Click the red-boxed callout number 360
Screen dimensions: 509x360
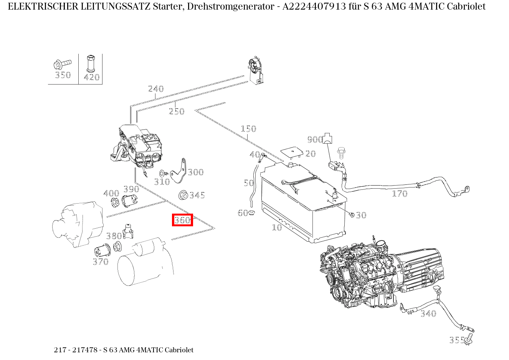tap(182, 220)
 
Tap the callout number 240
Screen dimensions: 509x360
tap(156, 89)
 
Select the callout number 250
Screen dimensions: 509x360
tap(177, 111)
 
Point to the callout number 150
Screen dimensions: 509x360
tap(248, 129)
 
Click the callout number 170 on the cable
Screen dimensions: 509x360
tap(400, 194)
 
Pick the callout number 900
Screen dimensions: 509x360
tap(315, 139)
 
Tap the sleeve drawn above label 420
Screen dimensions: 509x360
tap(91, 63)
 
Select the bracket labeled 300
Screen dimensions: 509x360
tap(179, 171)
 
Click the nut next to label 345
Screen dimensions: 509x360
tap(183, 195)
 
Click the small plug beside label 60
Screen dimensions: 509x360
tap(252, 213)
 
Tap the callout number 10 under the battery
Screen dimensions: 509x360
tap(277, 227)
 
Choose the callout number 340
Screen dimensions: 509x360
tap(428, 314)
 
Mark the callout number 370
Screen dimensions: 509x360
tap(101, 262)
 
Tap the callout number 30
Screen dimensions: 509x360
tap(361, 215)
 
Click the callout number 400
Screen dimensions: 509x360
tap(111, 193)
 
